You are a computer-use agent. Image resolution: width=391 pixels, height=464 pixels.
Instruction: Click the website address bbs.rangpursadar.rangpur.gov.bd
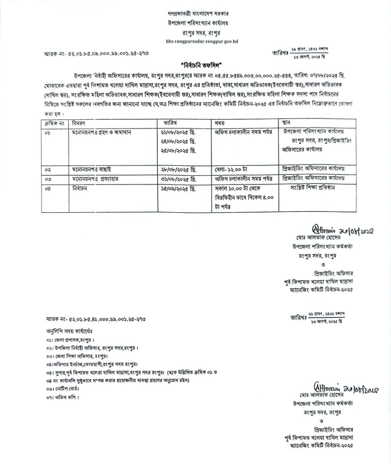[202, 42]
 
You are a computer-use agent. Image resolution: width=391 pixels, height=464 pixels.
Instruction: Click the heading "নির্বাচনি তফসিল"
[201, 65]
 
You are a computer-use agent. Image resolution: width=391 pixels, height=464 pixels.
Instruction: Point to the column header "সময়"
[219, 123]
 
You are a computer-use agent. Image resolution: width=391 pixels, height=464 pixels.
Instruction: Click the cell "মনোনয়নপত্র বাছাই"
[91, 169]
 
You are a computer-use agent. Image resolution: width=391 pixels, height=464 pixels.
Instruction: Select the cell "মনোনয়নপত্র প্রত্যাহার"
[95, 179]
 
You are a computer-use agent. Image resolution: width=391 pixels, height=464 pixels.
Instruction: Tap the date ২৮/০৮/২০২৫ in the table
[178, 169]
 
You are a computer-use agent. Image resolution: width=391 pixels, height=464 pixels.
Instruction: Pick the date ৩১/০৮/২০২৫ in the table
[178, 179]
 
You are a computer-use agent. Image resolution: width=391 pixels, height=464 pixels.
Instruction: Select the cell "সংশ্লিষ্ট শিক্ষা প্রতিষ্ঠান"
[312, 188]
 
